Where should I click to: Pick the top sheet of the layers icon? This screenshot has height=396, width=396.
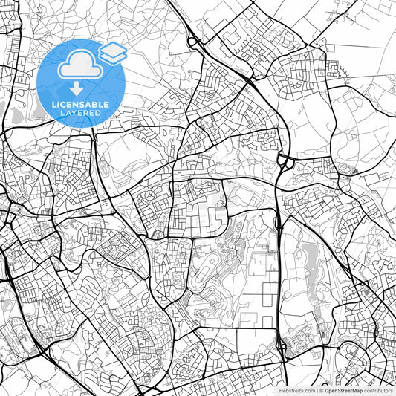(113, 49)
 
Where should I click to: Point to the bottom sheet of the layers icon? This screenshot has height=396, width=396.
(113, 56)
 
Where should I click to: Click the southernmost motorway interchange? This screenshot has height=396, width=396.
(282, 345)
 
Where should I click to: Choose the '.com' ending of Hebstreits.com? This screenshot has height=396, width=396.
(306, 389)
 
